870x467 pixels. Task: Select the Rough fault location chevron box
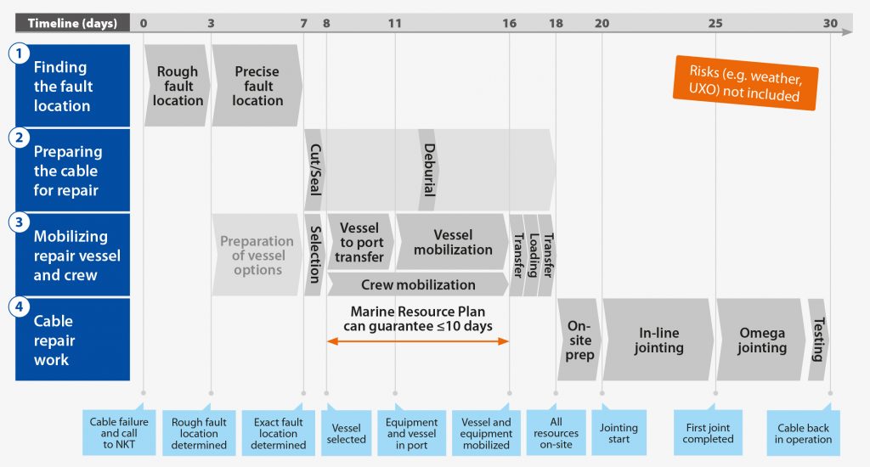tap(178, 86)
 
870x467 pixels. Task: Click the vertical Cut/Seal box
tap(314, 170)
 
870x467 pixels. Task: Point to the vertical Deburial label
tap(428, 170)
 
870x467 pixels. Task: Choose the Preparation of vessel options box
tap(257, 255)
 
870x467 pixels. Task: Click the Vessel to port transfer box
tap(359, 242)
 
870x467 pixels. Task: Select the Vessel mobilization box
tap(452, 242)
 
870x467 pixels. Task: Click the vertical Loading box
tap(532, 255)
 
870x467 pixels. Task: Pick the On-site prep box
tap(579, 340)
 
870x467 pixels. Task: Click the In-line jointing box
tap(658, 340)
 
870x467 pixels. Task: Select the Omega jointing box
tap(761, 340)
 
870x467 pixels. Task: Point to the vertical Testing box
tap(817, 340)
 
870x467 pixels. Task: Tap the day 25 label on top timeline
tap(715, 23)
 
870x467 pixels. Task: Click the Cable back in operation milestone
tap(803, 433)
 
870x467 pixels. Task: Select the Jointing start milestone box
tap(619, 433)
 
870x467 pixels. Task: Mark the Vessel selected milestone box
tap(347, 433)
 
